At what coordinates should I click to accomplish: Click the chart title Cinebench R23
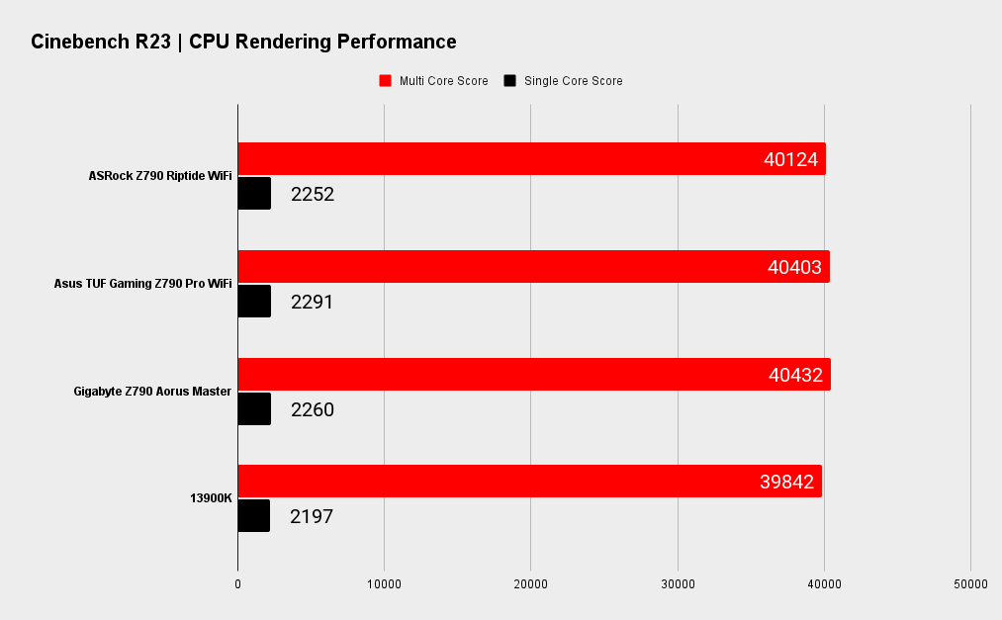tap(243, 42)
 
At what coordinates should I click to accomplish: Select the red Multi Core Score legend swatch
tap(386, 81)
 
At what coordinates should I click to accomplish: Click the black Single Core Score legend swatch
tap(510, 81)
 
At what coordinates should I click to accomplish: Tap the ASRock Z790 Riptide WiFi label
tap(160, 176)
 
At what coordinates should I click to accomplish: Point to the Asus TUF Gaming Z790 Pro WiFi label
tap(142, 284)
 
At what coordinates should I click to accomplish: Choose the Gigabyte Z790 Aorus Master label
tap(152, 392)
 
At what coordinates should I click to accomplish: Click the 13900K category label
tap(211, 498)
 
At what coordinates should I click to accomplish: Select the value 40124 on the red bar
tap(790, 159)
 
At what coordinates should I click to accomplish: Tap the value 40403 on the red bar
tap(794, 267)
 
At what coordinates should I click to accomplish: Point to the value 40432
tap(795, 375)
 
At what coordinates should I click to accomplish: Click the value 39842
tap(786, 482)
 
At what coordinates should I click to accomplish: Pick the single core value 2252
tap(313, 194)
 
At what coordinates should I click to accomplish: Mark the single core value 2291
tap(313, 302)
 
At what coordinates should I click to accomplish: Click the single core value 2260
tap(313, 409)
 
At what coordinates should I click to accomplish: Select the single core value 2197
tap(312, 516)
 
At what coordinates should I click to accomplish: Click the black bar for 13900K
tap(254, 516)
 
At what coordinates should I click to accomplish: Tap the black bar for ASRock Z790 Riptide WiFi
tap(254, 194)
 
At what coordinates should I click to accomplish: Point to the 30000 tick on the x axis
tap(678, 584)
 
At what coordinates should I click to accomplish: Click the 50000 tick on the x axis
tap(970, 584)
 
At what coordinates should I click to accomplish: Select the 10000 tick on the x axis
tap(384, 584)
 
